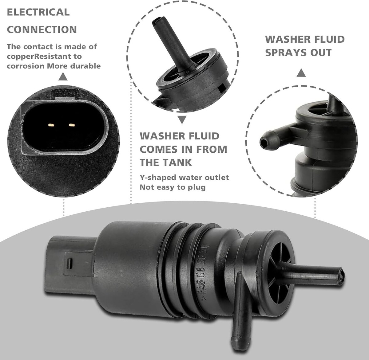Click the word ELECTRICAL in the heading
tap(38, 12)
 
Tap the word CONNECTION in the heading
tap(42, 30)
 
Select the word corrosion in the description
tap(26, 66)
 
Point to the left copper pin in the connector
tap(51, 125)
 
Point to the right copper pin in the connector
tap(72, 125)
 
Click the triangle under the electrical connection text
tap(63, 77)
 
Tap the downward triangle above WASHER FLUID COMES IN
tap(182, 120)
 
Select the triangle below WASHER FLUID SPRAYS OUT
tap(301, 73)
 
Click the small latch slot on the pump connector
tap(69, 264)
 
